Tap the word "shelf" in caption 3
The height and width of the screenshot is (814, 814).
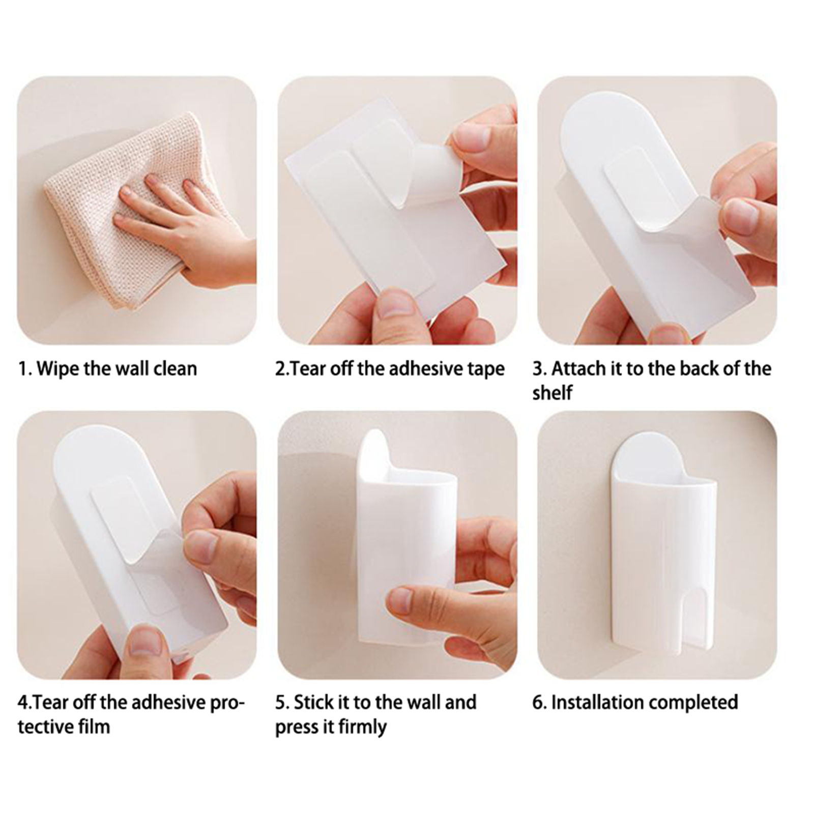[553, 393]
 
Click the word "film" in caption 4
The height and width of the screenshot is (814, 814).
[95, 726]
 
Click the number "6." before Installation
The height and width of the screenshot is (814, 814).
[539, 702]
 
